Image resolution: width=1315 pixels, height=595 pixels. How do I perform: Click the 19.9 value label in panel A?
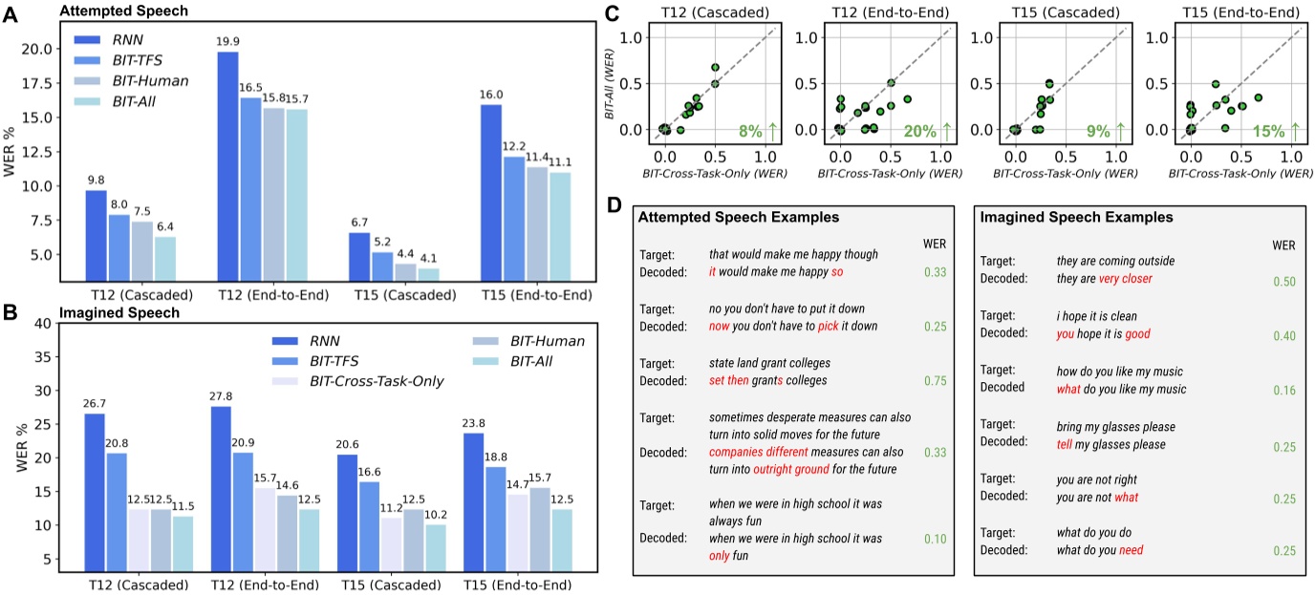[228, 40]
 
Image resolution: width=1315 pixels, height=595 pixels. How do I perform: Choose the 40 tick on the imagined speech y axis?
[41, 323]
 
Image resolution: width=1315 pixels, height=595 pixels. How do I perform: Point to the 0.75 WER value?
[937, 379]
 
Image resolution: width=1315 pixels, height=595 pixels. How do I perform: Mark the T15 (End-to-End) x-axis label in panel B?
[517, 584]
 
